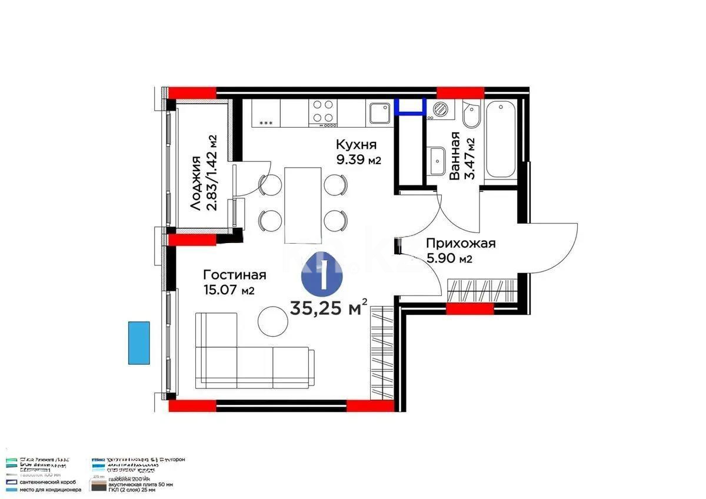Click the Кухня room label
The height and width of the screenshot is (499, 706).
(356, 145)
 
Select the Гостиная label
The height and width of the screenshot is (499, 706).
(235, 275)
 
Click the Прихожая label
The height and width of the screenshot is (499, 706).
(461, 243)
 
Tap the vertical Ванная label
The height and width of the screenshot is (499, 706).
(454, 156)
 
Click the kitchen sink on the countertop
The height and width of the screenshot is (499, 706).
(379, 112)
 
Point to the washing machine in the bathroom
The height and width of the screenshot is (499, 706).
(440, 109)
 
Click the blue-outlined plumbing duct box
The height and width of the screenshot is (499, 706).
(411, 106)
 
